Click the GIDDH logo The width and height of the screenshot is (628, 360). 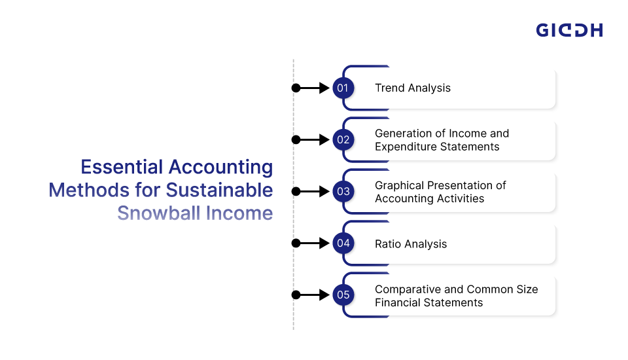[569, 30]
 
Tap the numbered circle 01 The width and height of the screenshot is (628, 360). [343, 88]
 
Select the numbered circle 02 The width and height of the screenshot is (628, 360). [343, 139]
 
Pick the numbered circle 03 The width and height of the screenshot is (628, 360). [343, 192]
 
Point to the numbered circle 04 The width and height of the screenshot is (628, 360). [343, 243]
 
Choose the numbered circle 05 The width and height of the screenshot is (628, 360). [343, 295]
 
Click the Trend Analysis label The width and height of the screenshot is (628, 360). [413, 88]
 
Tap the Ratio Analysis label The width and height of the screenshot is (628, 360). [411, 244]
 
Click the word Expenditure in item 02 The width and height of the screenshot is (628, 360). [406, 147]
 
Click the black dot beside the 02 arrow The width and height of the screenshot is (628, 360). [296, 139]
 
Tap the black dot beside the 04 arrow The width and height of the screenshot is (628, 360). [296, 243]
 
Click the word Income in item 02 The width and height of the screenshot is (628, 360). [464, 134]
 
